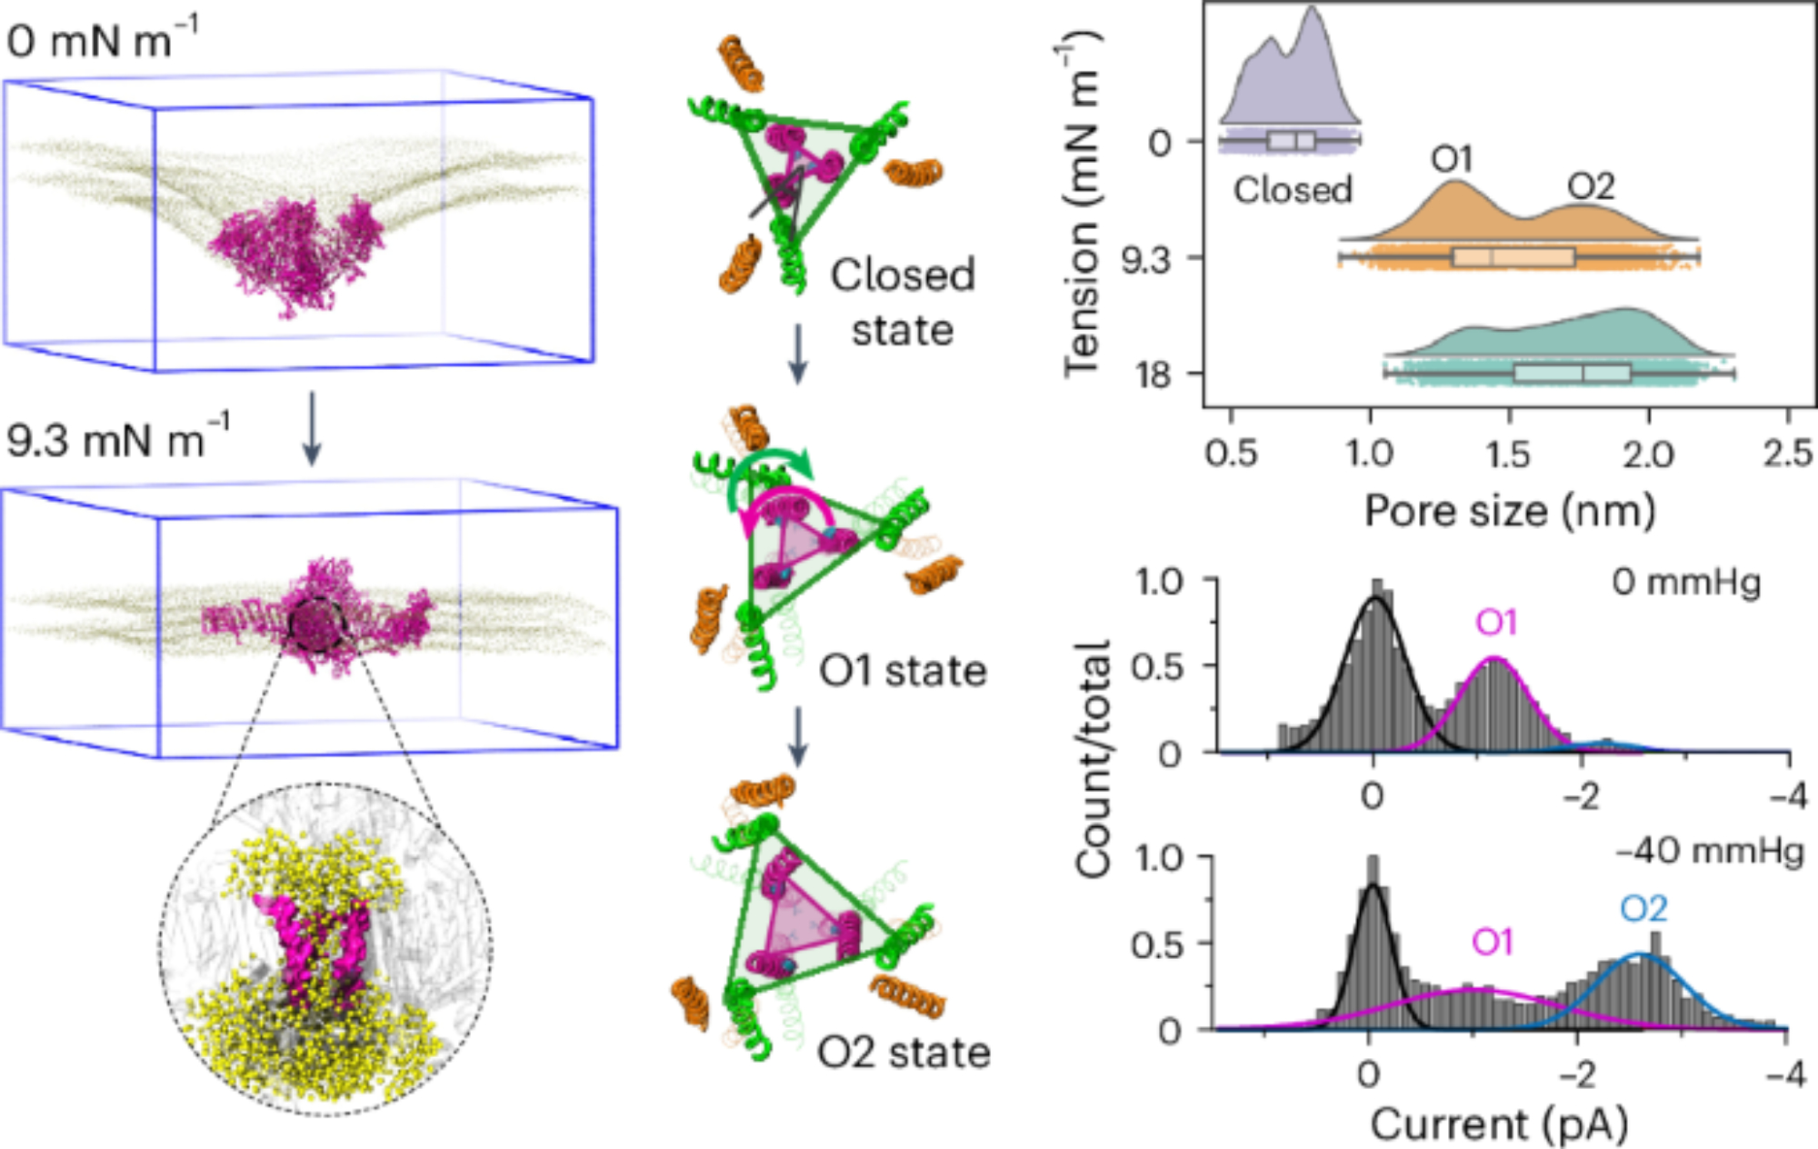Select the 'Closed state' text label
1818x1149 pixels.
902,302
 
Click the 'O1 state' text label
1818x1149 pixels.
903,671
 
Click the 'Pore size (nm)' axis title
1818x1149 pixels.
1509,511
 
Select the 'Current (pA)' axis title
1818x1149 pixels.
1499,1125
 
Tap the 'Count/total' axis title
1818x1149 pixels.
1093,758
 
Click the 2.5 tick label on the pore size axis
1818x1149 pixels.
1787,453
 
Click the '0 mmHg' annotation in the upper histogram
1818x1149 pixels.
1686,582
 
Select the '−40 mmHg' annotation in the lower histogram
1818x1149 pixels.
1709,852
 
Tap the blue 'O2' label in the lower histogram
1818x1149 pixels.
1643,909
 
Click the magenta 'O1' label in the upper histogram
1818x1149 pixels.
1496,623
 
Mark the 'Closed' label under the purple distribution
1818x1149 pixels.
1293,190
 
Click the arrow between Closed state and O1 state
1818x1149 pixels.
797,354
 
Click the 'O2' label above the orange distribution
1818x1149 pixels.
1591,186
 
